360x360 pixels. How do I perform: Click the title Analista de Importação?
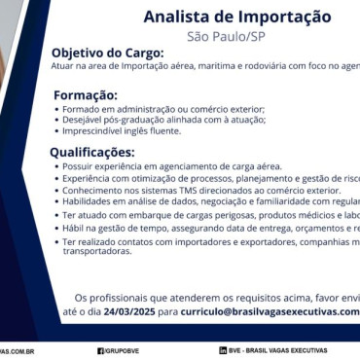(x=237, y=18)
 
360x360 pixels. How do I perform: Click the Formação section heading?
(x=86, y=95)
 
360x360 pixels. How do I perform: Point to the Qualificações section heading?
(x=92, y=152)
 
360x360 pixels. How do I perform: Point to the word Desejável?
(x=82, y=120)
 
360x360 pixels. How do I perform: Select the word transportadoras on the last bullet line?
(x=96, y=251)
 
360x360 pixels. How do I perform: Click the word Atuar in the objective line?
(x=63, y=65)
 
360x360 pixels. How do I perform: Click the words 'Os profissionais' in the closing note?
(x=105, y=297)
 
